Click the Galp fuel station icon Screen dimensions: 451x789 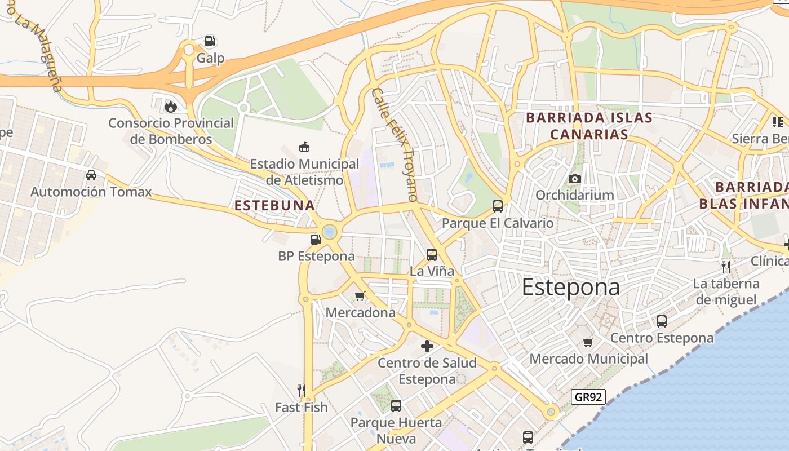pos(210,41)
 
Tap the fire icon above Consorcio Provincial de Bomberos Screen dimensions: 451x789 pos(170,106)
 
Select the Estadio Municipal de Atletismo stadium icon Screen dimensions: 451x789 pos(304,147)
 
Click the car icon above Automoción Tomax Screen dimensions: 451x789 pos(91,175)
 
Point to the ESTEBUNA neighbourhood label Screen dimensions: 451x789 pos(274,206)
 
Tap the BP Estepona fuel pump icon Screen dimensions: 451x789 pos(316,240)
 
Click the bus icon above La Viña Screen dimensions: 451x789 pos(432,255)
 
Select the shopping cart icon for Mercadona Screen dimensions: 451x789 pos(360,296)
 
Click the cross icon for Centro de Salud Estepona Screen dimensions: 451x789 pos(427,346)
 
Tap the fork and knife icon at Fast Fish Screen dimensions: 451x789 pos(302,390)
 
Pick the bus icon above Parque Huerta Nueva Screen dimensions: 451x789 pos(396,406)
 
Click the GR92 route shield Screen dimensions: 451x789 pos(588,397)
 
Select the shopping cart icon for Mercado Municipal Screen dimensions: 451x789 pos(588,342)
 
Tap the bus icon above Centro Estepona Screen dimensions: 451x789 pos(662,321)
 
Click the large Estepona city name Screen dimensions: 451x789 pos(570,287)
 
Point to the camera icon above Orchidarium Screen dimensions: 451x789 pos(574,179)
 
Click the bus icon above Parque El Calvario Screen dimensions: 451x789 pos(498,206)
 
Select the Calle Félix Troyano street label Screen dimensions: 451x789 pos(395,145)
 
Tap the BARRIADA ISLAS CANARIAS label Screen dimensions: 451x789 pos(589,126)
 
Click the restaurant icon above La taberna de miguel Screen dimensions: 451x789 pos(726,267)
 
